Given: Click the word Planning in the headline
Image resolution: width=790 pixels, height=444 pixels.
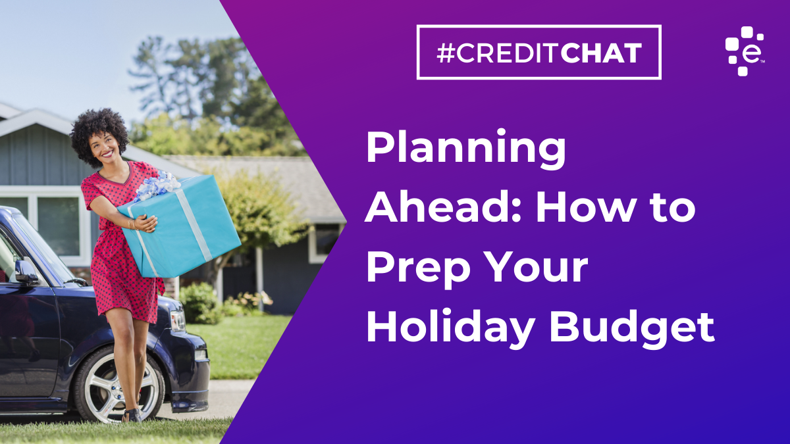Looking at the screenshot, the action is (466, 149).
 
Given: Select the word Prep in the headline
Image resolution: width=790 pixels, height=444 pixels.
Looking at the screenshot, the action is (419, 269).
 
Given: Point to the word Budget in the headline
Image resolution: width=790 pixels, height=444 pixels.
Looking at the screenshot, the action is (632, 327).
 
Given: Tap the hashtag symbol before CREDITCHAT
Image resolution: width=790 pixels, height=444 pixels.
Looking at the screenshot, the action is (445, 53).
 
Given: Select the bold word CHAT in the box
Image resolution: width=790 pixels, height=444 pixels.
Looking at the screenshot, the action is (601, 53).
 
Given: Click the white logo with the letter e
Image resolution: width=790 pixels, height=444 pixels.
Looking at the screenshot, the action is (744, 51).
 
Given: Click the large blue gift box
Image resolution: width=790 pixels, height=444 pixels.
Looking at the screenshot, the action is (180, 226).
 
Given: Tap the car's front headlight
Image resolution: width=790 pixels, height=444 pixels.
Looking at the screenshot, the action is (178, 320).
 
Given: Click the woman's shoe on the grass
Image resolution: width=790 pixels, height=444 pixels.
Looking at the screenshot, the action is (132, 415).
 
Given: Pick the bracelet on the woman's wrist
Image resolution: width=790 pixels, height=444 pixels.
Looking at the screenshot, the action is (132, 224).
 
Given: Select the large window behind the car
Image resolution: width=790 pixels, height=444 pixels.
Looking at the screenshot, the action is (59, 226).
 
